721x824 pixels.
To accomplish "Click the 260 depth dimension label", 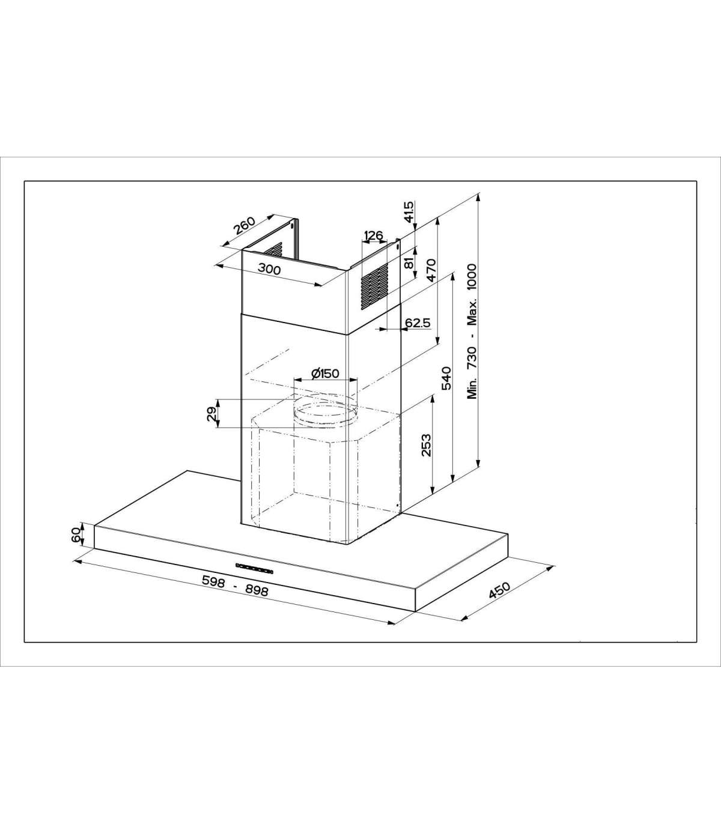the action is click(x=245, y=226).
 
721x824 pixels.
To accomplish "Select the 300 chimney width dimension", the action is click(x=269, y=268).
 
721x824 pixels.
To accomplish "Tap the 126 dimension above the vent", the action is click(x=373, y=235).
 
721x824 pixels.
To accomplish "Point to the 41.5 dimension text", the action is click(x=409, y=212).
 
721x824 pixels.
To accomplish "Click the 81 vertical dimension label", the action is click(x=409, y=263).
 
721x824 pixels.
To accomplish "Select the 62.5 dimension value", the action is click(x=418, y=323).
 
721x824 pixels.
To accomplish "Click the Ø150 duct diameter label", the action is click(x=326, y=374).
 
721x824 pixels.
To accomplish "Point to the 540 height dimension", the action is click(x=446, y=378).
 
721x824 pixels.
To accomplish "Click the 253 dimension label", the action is click(x=426, y=445).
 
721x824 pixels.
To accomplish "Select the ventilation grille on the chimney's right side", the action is click(x=374, y=285).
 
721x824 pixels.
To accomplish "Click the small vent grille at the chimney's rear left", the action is click(x=274, y=250).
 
